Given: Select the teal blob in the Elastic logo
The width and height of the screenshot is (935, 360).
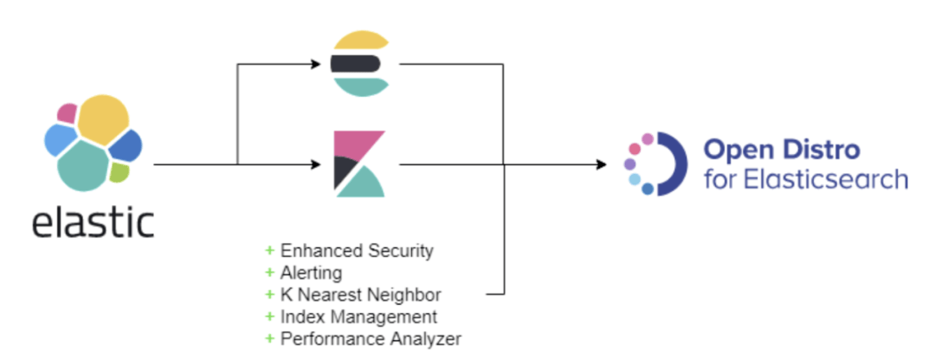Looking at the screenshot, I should point(83,164).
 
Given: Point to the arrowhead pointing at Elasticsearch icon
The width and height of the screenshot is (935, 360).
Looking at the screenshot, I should point(319,63).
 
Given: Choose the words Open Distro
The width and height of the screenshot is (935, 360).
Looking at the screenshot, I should point(781,150).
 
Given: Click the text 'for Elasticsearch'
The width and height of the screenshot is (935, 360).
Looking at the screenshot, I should point(805,179).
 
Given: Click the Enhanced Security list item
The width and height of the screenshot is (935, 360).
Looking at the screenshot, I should point(356,251).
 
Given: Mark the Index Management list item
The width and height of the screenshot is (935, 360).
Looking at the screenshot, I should point(358,316).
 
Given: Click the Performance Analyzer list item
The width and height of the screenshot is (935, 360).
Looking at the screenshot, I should point(370,337).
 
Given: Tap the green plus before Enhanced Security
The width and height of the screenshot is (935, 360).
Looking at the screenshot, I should point(269,251).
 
